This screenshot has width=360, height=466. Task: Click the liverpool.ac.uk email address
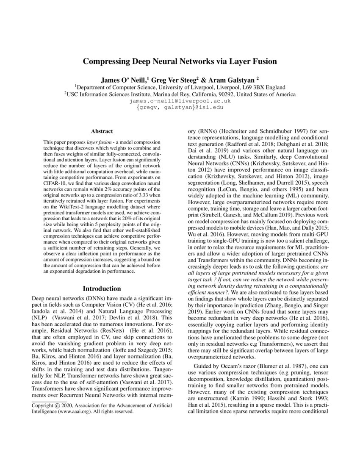tap(180, 101)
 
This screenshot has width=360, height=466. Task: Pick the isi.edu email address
tap(180, 108)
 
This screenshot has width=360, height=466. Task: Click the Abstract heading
tap(102, 132)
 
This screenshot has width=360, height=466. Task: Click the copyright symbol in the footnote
tap(60, 405)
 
